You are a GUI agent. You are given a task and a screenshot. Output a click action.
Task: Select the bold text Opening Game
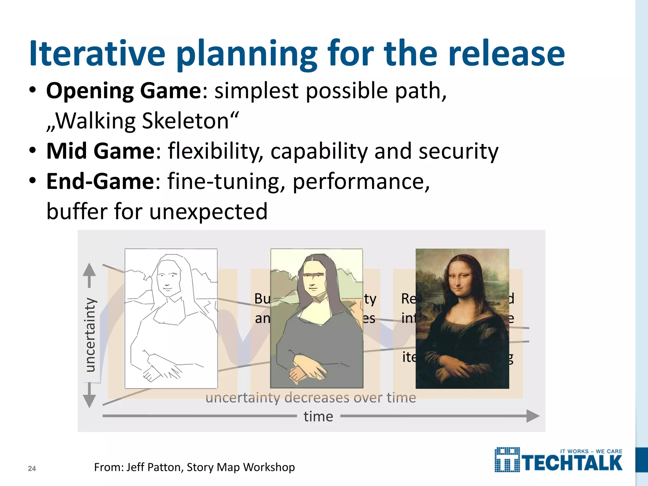(x=123, y=91)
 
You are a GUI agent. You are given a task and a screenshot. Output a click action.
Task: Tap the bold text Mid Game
(x=101, y=151)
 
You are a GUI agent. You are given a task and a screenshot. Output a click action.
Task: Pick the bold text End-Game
(x=100, y=181)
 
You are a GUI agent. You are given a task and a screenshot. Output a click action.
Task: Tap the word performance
(x=361, y=182)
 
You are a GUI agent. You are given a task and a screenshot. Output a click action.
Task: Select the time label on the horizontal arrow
(x=318, y=416)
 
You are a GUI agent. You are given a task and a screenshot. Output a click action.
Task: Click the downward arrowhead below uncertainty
(x=89, y=401)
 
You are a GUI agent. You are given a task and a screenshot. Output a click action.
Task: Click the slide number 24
(x=32, y=469)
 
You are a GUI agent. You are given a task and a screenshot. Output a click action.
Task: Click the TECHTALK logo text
(x=573, y=463)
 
